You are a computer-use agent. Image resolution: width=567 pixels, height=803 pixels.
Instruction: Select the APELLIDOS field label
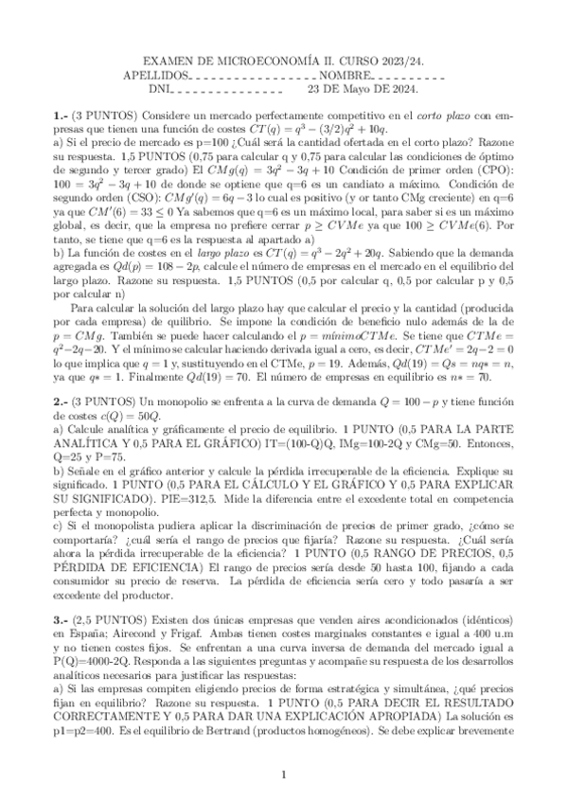(157, 76)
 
